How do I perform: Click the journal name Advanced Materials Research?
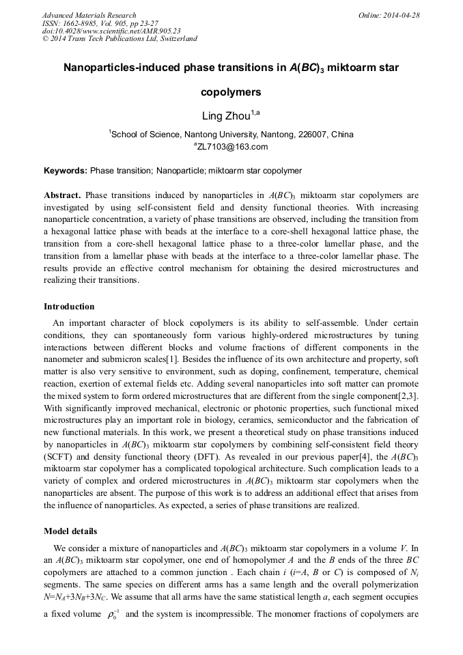tap(89, 15)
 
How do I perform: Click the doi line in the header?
tap(111, 31)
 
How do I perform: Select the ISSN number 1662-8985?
tap(84, 23)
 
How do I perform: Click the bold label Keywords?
tap(66, 170)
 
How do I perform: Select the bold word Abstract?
tap(63, 195)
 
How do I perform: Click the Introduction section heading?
tap(69, 307)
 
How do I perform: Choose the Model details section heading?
tap(70, 531)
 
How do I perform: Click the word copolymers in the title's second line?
tap(231, 92)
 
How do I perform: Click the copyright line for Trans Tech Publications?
tap(120, 39)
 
